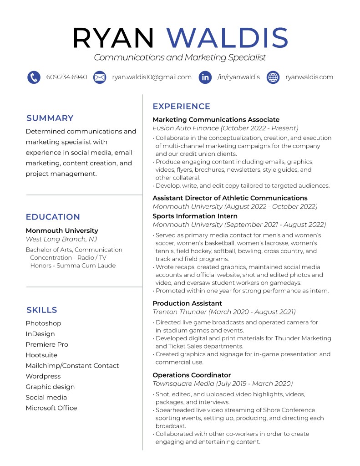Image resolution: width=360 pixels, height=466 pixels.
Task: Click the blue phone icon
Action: click(x=34, y=77)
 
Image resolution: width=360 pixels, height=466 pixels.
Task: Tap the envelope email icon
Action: click(x=100, y=77)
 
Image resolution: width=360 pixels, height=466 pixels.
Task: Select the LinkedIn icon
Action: click(x=205, y=77)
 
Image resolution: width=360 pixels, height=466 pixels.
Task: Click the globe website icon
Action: click(x=273, y=77)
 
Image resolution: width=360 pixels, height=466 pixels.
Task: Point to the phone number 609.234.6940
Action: click(x=66, y=77)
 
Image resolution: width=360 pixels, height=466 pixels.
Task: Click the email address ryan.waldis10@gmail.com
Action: click(x=152, y=77)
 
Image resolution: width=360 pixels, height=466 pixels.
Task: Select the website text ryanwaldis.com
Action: click(x=309, y=77)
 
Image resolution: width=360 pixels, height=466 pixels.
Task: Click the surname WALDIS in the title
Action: click(x=228, y=38)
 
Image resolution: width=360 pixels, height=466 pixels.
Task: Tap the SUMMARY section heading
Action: click(x=50, y=118)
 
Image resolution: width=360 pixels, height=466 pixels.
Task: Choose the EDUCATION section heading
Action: click(x=53, y=217)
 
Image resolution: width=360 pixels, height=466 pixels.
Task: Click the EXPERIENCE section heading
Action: click(x=181, y=107)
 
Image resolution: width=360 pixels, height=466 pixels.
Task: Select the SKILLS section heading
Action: click(x=42, y=310)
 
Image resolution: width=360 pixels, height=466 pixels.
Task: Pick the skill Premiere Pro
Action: click(x=47, y=344)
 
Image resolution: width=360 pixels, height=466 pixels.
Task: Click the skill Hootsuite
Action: click(x=41, y=355)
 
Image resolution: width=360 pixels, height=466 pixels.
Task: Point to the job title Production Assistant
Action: click(x=187, y=303)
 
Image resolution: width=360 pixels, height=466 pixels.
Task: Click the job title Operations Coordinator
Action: click(x=192, y=375)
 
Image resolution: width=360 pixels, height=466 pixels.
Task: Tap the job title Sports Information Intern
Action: click(x=195, y=216)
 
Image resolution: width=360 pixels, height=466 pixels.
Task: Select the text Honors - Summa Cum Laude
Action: click(x=73, y=266)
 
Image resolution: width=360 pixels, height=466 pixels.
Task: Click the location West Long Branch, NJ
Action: click(x=61, y=239)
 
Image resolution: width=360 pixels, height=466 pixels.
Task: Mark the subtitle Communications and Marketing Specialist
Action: click(x=180, y=57)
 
